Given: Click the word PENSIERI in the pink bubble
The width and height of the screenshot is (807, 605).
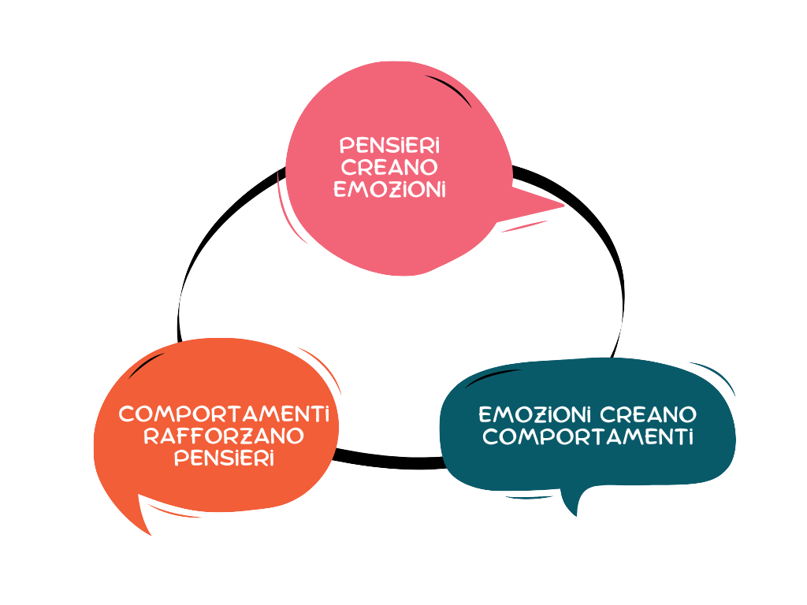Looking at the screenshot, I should (389, 146).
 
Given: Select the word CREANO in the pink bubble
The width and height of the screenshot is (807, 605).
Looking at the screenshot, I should (389, 168).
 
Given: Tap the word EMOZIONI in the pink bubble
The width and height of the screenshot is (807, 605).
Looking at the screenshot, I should (389, 190).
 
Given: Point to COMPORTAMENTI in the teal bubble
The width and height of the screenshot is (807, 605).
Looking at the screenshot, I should (588, 436).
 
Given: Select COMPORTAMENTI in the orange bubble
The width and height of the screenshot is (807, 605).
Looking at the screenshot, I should (224, 414).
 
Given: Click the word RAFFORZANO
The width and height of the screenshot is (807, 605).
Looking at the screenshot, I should (224, 436).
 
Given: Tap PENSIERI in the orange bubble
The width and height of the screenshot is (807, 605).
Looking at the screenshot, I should (224, 458).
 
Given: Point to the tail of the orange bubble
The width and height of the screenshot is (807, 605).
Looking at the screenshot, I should (144, 520).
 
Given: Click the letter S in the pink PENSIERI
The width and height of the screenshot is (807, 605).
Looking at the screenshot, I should (386, 146).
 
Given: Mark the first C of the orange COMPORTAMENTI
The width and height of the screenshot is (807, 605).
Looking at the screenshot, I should (126, 414).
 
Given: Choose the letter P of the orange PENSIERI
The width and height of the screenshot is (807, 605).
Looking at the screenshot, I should (180, 458).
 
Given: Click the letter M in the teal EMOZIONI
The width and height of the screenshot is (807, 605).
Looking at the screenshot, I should (503, 414).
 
